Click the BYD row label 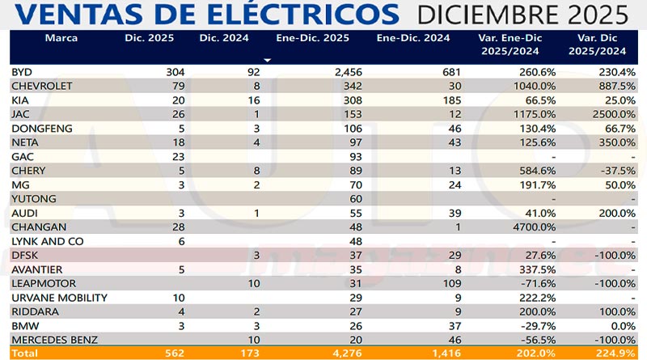coord(22,72)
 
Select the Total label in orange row coord(25,354)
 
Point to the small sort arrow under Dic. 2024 coord(267,59)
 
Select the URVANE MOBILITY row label coord(56,297)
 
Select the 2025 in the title coord(594,15)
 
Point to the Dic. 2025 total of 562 coord(173,354)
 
